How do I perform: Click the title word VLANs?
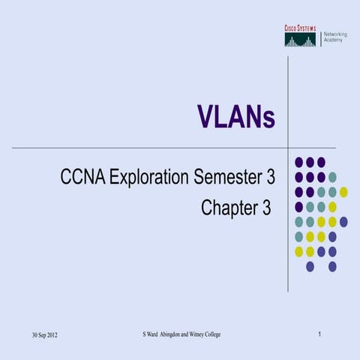[235, 116]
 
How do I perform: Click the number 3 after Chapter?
[265, 208]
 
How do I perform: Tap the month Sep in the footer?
[35, 334]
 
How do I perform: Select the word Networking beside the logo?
[336, 34]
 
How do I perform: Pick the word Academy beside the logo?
[333, 40]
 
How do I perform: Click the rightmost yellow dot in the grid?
[343, 192]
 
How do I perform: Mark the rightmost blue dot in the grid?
[343, 221]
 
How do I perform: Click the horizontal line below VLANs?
[150, 148]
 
